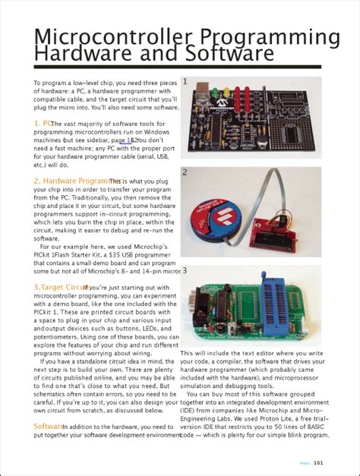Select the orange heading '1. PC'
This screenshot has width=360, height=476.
point(43,123)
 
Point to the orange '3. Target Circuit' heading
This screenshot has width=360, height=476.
point(61,288)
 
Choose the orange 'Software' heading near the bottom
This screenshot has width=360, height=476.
point(47,427)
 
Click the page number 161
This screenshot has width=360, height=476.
point(319,462)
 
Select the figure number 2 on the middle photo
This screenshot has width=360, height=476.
point(185,172)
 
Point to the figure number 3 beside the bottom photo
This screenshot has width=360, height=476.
point(185,270)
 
